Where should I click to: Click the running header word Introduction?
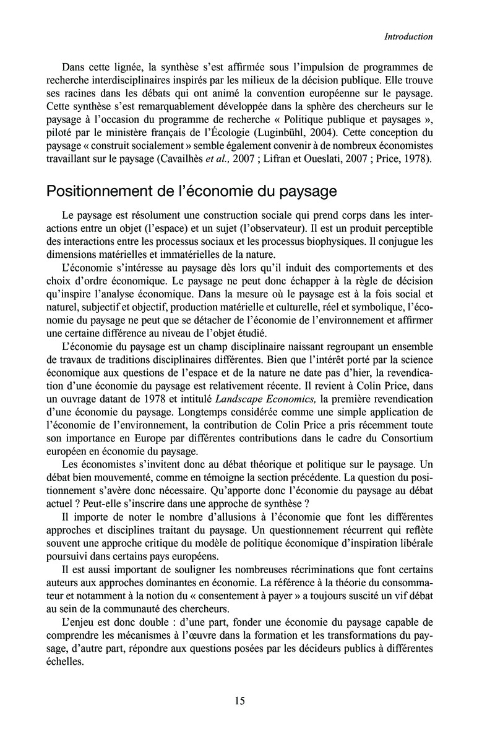coord(408,37)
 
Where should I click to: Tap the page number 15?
coord(239,701)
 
